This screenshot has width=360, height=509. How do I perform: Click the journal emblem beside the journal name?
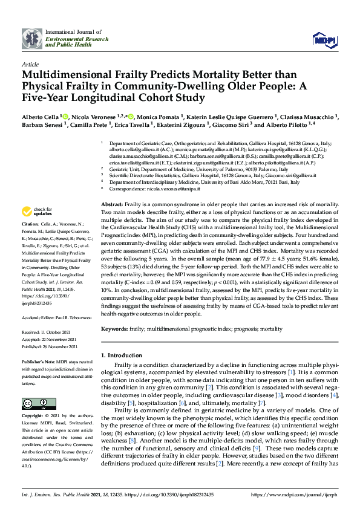coord(32,39)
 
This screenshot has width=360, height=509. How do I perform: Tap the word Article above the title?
coord(30,63)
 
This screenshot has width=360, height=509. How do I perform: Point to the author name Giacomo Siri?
coord(231,125)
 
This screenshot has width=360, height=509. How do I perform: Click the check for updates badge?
coord(36,212)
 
